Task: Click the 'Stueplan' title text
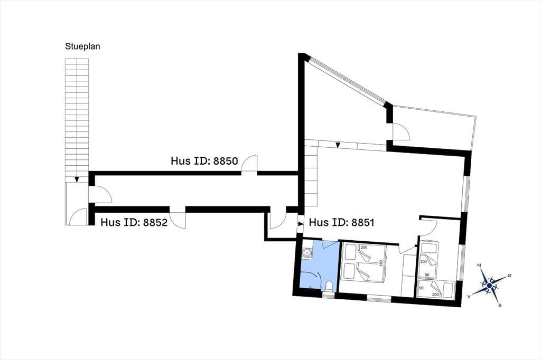(82, 46)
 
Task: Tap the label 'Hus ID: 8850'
(204, 161)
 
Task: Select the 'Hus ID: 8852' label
(134, 222)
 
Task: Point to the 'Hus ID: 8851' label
(342, 222)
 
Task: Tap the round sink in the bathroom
(306, 253)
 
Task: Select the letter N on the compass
(479, 265)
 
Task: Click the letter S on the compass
(500, 305)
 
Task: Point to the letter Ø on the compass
(510, 276)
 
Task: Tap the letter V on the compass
(469, 296)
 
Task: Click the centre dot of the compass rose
(489, 285)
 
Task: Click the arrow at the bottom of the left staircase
(77, 179)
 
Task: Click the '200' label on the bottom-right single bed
(435, 295)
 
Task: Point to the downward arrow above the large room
(338, 145)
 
